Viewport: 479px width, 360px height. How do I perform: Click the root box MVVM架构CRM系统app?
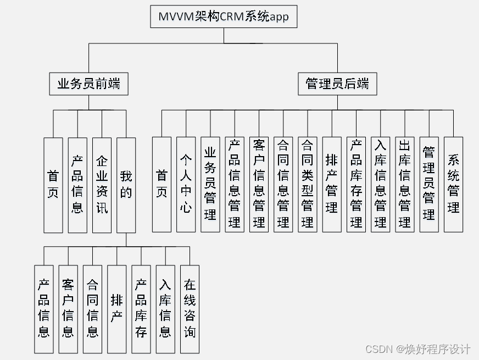[224, 17]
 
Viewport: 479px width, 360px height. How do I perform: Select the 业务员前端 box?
[89, 84]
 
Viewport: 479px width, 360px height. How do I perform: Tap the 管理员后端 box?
[337, 84]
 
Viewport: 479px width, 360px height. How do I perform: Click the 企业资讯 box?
[102, 185]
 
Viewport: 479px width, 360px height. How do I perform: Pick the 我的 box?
[126, 185]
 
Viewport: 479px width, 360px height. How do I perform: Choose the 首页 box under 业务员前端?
[53, 185]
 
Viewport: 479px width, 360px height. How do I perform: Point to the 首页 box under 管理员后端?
[161, 185]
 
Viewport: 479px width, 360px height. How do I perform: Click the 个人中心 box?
[186, 185]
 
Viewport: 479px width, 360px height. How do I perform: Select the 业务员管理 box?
[210, 185]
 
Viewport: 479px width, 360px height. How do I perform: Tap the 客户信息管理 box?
[259, 185]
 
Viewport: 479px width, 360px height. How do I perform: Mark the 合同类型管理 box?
[308, 185]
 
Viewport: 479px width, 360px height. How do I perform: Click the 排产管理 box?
[332, 185]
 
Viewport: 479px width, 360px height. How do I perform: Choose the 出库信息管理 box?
[405, 185]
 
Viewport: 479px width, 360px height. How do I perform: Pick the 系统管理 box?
[453, 185]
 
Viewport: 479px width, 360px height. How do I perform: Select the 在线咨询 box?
[190, 309]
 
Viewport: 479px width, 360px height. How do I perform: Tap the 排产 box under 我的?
[116, 309]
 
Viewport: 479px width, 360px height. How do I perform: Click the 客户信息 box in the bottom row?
[68, 309]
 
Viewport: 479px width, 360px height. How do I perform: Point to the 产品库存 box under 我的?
[141, 309]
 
